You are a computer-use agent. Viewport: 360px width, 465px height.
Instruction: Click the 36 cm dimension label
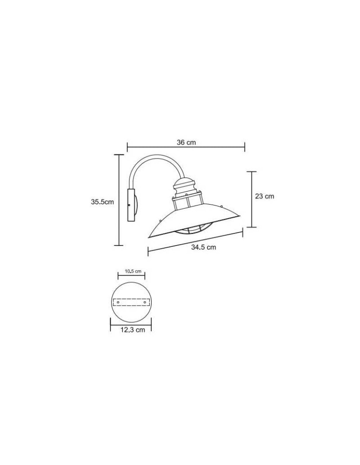[186, 142]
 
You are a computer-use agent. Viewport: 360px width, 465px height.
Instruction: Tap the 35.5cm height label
[102, 202]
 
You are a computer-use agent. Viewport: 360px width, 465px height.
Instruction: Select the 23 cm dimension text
[265, 196]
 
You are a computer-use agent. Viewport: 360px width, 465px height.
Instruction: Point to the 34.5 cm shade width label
[203, 247]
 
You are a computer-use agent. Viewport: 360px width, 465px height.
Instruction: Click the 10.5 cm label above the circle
[133, 271]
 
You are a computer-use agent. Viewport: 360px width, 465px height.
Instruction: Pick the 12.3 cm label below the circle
[133, 330]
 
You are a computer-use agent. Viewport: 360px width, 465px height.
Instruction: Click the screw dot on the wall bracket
[129, 205]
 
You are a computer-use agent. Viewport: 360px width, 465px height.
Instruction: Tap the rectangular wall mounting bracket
[131, 205]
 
